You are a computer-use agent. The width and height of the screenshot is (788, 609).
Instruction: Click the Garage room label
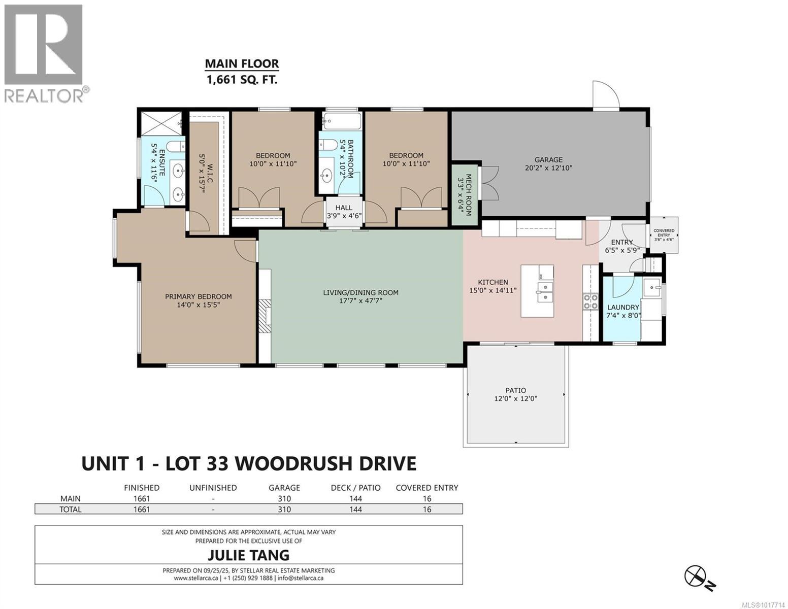[548, 159]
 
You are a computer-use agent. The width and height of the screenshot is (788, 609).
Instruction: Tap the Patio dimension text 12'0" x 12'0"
[515, 399]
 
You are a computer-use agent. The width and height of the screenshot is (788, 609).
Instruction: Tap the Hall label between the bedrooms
[344, 208]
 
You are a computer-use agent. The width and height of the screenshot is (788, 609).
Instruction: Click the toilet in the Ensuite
[176, 147]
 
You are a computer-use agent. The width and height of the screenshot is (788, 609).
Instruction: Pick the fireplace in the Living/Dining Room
[265, 316]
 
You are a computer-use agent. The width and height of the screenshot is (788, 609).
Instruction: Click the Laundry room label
[623, 307]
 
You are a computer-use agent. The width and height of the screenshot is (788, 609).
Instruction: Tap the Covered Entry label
[664, 233]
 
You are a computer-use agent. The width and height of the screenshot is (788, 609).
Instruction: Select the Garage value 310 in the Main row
[284, 498]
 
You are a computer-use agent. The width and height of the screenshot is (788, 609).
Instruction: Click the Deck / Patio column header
[355, 488]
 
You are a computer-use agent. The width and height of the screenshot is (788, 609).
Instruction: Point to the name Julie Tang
[248, 555]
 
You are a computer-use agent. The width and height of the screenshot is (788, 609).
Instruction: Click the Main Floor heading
[242, 64]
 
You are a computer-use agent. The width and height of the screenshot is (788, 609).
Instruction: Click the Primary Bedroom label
[198, 296]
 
